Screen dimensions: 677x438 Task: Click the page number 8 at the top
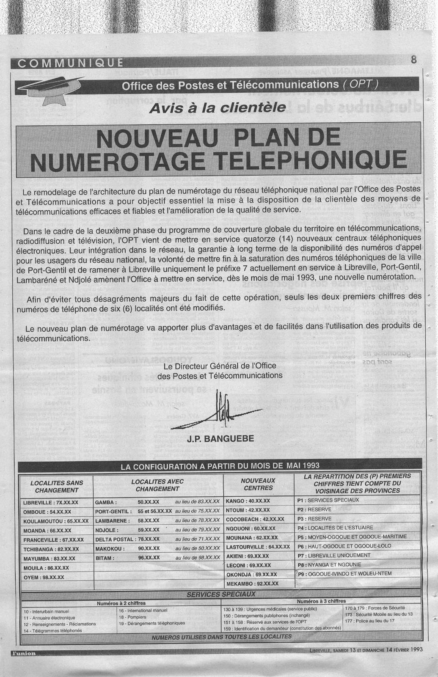[x=413, y=60]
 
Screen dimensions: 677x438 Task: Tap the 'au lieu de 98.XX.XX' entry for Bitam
[x=197, y=558]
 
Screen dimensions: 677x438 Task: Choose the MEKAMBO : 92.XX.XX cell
[x=252, y=583]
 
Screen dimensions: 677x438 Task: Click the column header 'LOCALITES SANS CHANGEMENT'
[x=57, y=486]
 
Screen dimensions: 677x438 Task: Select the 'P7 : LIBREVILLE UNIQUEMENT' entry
[x=334, y=555]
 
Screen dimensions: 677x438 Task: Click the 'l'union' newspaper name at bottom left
[x=24, y=653]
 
